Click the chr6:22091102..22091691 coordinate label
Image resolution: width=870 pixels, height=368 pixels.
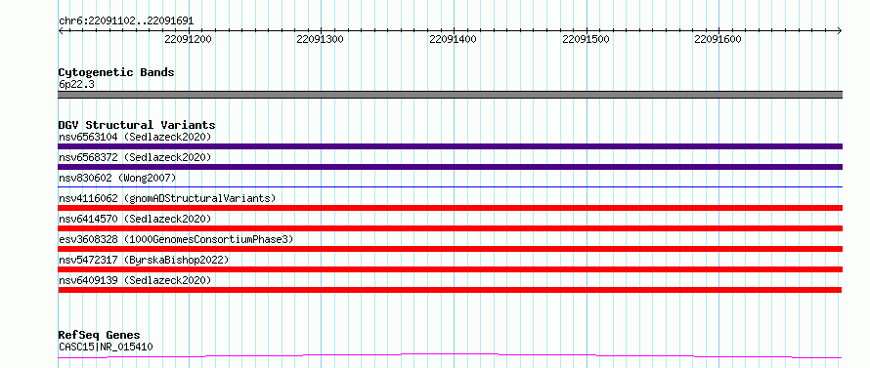click(x=126, y=21)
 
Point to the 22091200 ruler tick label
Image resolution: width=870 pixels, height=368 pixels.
click(x=189, y=39)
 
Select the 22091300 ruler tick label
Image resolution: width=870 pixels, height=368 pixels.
click(x=321, y=39)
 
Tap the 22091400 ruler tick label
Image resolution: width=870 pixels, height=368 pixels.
click(x=453, y=39)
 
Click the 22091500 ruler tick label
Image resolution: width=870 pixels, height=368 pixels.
click(x=586, y=39)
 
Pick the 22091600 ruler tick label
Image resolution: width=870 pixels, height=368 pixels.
click(x=718, y=39)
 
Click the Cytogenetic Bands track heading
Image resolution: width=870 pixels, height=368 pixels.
click(x=116, y=72)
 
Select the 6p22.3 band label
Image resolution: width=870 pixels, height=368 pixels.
click(x=76, y=85)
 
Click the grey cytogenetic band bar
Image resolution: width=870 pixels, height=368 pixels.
click(x=450, y=95)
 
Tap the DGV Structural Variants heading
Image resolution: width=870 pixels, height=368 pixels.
click(x=137, y=125)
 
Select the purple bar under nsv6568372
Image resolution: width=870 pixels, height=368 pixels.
click(x=450, y=167)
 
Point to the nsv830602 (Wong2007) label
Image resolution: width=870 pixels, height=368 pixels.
click(x=117, y=178)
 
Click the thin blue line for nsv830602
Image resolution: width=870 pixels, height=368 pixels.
click(x=450, y=187)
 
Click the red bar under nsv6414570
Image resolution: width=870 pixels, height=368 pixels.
click(x=450, y=228)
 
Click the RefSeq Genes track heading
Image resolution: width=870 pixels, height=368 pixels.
click(x=99, y=336)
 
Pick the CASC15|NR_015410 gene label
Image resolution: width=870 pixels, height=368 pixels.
click(x=106, y=347)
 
